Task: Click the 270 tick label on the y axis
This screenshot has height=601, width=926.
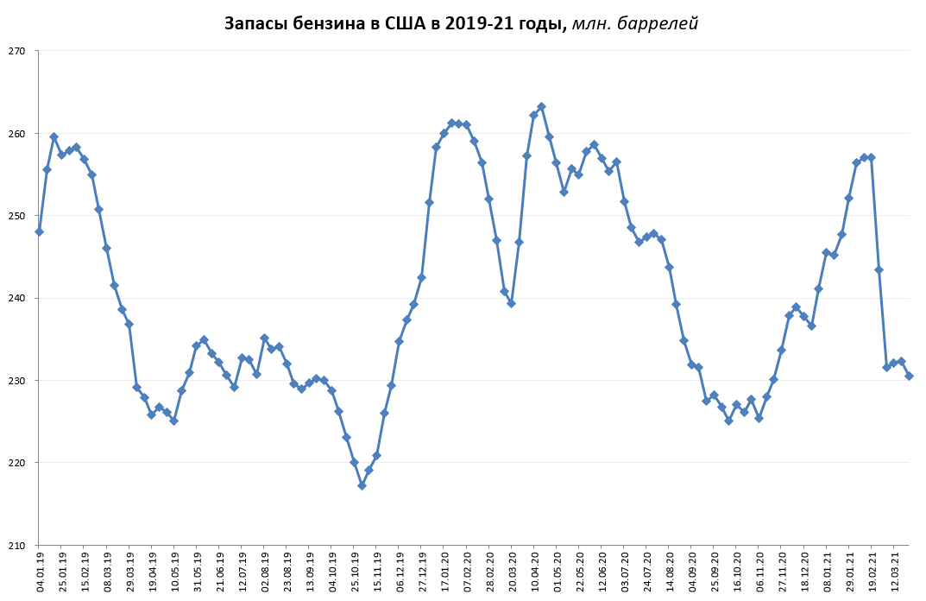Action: pyautogui.click(x=17, y=52)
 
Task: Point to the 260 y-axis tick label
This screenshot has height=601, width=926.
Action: pyautogui.click(x=17, y=134)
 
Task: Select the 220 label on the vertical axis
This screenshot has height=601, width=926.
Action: pyautogui.click(x=17, y=463)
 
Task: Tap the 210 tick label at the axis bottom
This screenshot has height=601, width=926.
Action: pyautogui.click(x=17, y=545)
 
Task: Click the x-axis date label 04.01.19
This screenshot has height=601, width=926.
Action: pyautogui.click(x=40, y=570)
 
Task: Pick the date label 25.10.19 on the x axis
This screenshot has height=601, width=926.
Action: pyautogui.click(x=355, y=570)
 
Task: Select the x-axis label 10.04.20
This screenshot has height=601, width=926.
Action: pyautogui.click(x=534, y=570)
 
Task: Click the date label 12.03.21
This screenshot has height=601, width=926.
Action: pyautogui.click(x=894, y=570)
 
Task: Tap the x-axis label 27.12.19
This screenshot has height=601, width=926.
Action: pyautogui.click(x=422, y=570)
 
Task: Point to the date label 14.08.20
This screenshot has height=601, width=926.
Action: pyautogui.click(x=670, y=570)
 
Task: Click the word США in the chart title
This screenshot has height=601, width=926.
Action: pyautogui.click(x=406, y=24)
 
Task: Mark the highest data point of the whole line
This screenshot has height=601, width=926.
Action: pyautogui.click(x=541, y=106)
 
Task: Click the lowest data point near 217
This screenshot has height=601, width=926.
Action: pyautogui.click(x=362, y=485)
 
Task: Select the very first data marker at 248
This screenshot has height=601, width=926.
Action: pyautogui.click(x=39, y=231)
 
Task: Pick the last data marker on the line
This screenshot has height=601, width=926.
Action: pyautogui.click(x=909, y=376)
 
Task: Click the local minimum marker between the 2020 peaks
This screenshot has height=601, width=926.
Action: pyautogui.click(x=511, y=303)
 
